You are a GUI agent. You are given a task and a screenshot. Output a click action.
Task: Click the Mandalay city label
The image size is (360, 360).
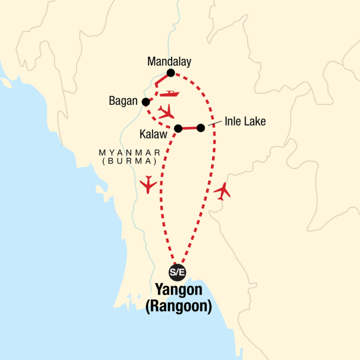point(169,62)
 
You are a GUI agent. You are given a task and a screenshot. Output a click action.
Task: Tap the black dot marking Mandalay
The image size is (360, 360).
point(171,73)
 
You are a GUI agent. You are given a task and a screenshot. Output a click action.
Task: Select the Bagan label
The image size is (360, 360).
point(124,101)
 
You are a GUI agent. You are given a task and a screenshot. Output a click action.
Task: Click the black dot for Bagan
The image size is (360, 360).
point(145,101)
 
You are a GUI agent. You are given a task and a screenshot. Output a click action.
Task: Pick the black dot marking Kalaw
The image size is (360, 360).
point(178,128)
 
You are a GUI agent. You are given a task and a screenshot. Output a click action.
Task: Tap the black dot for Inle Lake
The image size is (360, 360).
point(201,128)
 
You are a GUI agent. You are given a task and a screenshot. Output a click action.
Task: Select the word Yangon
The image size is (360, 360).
point(178,290)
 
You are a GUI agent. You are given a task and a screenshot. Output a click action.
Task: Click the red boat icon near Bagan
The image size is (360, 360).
point(170,94)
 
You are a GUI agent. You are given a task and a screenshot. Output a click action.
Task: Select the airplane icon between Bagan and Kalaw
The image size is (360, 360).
point(166,112)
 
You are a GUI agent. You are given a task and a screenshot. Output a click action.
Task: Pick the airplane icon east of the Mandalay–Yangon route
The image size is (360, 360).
point(222,191)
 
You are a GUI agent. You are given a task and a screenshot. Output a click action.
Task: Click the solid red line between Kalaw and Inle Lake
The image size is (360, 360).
point(189,128)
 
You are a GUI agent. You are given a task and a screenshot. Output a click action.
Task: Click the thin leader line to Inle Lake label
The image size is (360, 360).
point(214,125)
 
